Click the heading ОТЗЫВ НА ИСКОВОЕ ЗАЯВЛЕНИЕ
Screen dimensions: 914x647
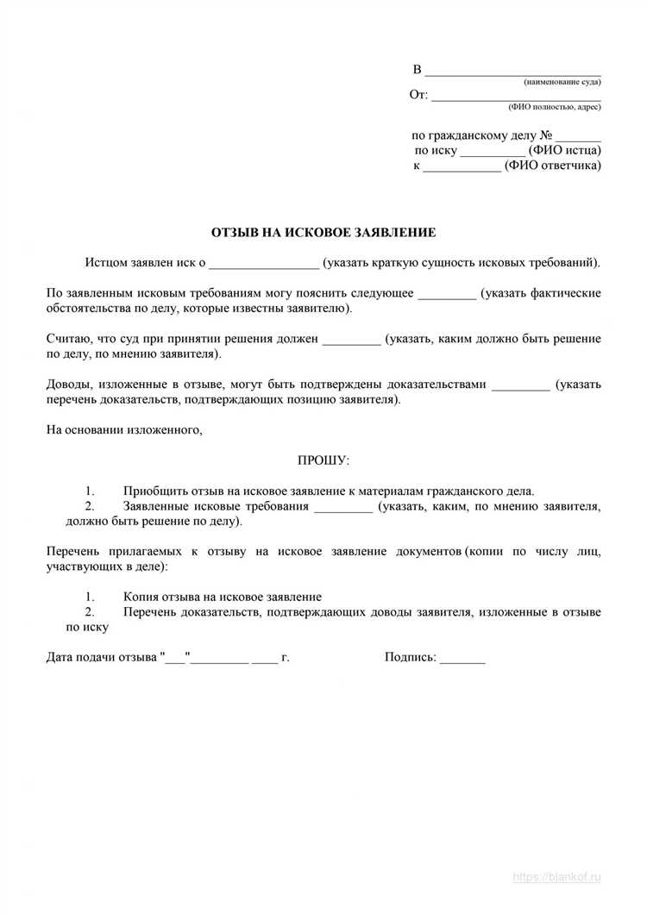pyautogui.click(x=323, y=233)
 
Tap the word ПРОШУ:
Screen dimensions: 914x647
pyautogui.click(x=323, y=462)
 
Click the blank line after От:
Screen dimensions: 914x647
pyautogui.click(x=516, y=96)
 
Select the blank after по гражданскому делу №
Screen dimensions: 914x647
pyautogui.click(x=578, y=136)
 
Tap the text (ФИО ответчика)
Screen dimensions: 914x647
pyautogui.click(x=554, y=166)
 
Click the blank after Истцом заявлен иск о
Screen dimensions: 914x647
pyautogui.click(x=264, y=262)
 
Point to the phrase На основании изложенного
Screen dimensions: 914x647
pyautogui.click(x=124, y=430)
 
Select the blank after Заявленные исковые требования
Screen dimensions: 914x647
pyautogui.click(x=344, y=507)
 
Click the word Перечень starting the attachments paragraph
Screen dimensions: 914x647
pyautogui.click(x=72, y=551)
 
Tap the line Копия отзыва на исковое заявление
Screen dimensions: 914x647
pyautogui.click(x=223, y=597)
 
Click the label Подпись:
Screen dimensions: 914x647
pyautogui.click(x=411, y=657)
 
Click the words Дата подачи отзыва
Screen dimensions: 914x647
pyautogui.click(x=102, y=657)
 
